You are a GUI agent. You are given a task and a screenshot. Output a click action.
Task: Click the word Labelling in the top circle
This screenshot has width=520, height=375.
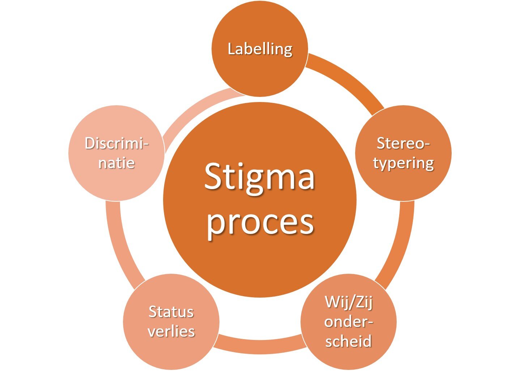[x=260, y=49]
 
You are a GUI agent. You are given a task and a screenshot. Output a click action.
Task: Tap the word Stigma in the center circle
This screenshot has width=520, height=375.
[x=259, y=177]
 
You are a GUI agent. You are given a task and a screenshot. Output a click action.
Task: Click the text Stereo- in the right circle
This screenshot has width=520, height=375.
[x=403, y=143]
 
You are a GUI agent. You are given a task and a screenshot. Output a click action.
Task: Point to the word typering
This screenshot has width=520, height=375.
[x=403, y=163]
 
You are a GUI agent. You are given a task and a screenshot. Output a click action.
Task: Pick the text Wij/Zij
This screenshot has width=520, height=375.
[x=348, y=302]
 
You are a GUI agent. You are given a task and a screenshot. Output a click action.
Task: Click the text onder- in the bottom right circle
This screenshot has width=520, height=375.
[x=348, y=321]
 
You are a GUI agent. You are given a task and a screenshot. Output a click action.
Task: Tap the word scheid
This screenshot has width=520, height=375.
[x=348, y=341]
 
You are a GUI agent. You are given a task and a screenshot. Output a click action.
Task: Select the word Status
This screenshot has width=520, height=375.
[x=171, y=312]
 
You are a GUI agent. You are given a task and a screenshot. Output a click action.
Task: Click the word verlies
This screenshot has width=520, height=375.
[x=171, y=331]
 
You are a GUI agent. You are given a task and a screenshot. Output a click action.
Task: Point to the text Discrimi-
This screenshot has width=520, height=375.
[x=116, y=143]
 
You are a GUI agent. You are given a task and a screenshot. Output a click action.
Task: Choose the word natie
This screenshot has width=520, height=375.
[x=116, y=163]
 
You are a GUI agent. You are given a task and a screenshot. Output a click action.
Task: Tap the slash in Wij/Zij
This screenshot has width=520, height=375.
[x=350, y=302]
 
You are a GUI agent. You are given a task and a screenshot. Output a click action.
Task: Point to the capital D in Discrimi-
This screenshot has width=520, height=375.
[x=90, y=143]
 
